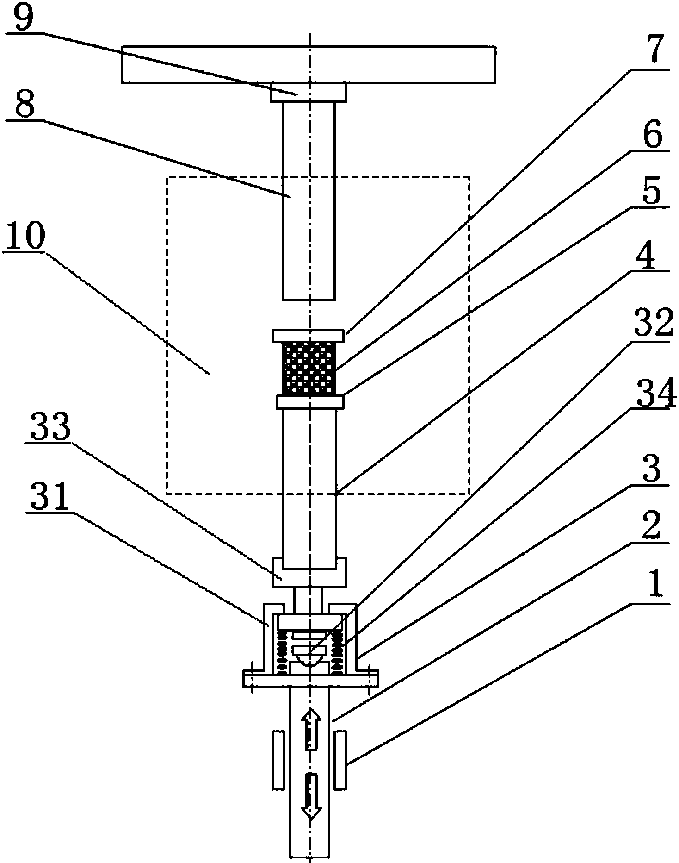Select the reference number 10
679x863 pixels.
(x=25, y=237)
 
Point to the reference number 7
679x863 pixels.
(x=652, y=52)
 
